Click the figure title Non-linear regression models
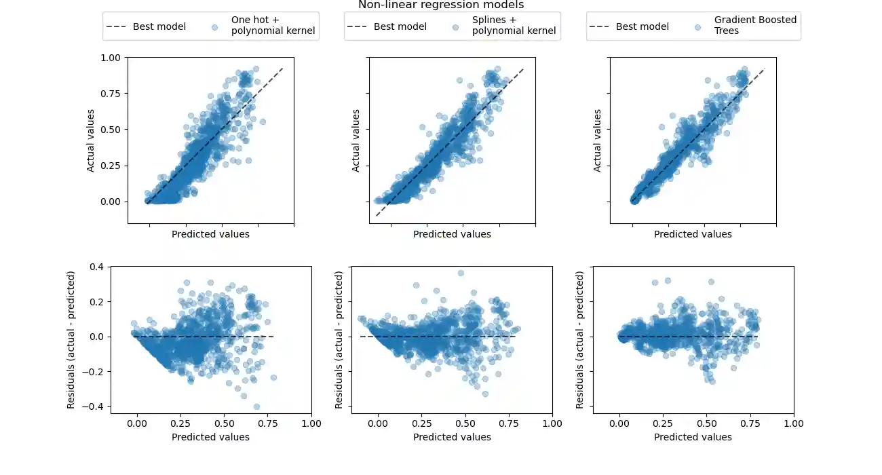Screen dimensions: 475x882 pyautogui.click(x=441, y=5)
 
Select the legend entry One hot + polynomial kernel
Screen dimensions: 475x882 pyautogui.click(x=273, y=26)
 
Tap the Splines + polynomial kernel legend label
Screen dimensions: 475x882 pyautogui.click(x=514, y=26)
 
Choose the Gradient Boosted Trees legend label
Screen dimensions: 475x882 pyautogui.click(x=755, y=25)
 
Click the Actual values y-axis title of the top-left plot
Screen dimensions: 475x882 pyautogui.click(x=91, y=140)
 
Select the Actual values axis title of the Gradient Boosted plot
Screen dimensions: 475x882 pyautogui.click(x=598, y=140)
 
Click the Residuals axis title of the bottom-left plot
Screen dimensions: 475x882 pyautogui.click(x=71, y=339)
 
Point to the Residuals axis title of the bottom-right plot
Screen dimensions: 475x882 pyautogui.click(x=580, y=339)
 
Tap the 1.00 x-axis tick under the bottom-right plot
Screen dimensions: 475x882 pyautogui.click(x=794, y=423)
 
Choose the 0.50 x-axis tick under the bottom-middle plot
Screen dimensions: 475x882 pyautogui.click(x=465, y=423)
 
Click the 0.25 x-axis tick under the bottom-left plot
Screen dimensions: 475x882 pyautogui.click(x=181, y=423)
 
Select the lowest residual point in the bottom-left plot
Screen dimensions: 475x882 pyautogui.click(x=256, y=406)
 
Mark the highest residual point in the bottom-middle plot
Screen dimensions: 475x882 pyautogui.click(x=461, y=273)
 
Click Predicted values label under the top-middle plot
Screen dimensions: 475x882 pyautogui.click(x=452, y=234)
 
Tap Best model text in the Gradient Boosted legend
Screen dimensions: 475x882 pyautogui.click(x=642, y=26)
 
